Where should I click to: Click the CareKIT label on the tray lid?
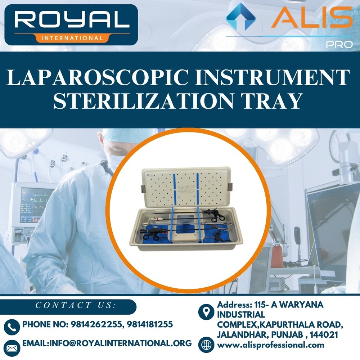186,187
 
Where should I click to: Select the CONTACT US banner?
76,305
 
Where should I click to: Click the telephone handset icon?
12,327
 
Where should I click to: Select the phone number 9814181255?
149,324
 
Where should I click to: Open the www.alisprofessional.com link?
270,345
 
